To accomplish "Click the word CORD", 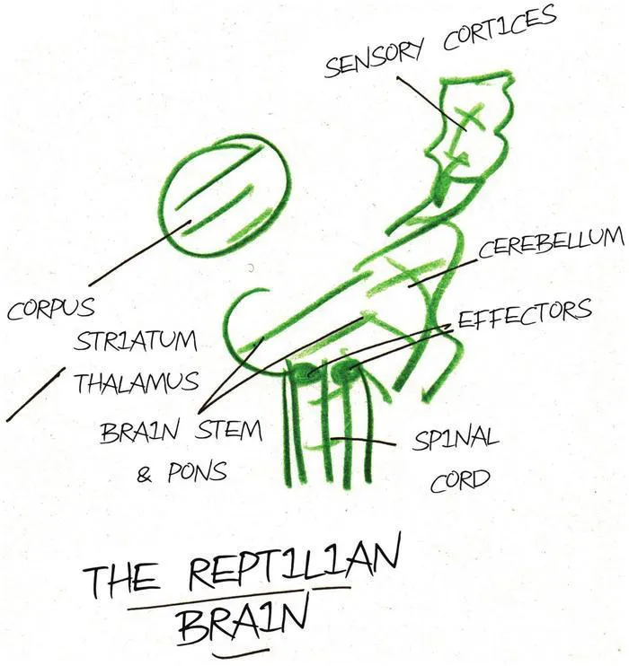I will pos(460,481).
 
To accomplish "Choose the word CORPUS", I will pos(50,309).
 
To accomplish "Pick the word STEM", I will pos(227,430).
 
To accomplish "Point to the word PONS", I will pos(196,472).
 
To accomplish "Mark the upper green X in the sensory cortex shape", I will pos(468,118).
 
